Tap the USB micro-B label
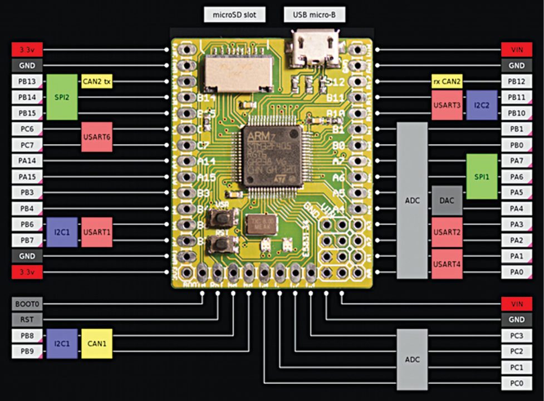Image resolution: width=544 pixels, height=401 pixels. (314, 14)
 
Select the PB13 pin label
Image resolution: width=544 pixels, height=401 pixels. (27, 81)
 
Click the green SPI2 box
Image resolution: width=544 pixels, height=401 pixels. (62, 97)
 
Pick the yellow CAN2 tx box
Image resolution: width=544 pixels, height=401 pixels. (97, 81)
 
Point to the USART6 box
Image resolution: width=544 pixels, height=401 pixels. (97, 137)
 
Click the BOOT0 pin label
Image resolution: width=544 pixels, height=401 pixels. (27, 304)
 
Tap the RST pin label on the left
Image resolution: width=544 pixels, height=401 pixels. (27, 320)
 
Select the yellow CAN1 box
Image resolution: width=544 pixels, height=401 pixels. (97, 344)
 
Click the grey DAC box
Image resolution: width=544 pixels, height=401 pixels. (447, 200)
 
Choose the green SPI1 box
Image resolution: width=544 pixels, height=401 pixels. (482, 177)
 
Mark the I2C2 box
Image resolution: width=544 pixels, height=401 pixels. (482, 105)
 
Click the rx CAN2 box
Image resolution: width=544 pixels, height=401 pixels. (447, 81)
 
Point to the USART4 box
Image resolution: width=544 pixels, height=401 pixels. (447, 264)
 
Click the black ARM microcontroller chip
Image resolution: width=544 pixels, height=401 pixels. (273, 156)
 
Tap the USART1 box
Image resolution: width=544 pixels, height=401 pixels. (97, 232)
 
